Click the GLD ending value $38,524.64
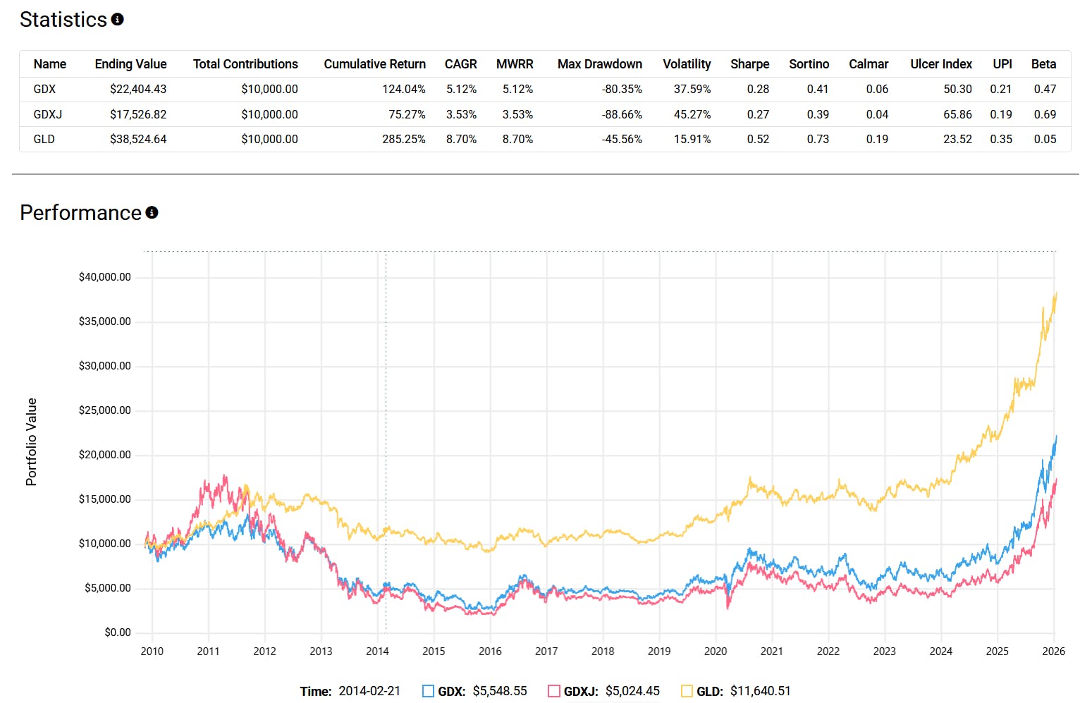click(138, 139)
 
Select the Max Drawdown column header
click(599, 64)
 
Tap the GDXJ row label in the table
click(48, 114)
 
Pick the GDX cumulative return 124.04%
click(404, 89)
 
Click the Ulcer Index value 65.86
click(957, 114)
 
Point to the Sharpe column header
click(749, 64)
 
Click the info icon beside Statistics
click(118, 20)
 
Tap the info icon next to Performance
click(152, 212)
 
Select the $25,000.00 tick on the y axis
click(105, 410)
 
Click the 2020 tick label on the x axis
click(716, 651)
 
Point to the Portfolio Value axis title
click(31, 441)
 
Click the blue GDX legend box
click(428, 691)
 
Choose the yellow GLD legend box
click(687, 691)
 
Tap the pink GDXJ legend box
click(554, 691)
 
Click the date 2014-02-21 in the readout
click(369, 691)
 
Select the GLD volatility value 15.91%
click(692, 139)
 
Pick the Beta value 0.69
click(1045, 114)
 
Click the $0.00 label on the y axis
click(118, 632)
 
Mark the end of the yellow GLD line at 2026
click(1056, 293)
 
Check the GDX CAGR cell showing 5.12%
click(461, 89)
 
